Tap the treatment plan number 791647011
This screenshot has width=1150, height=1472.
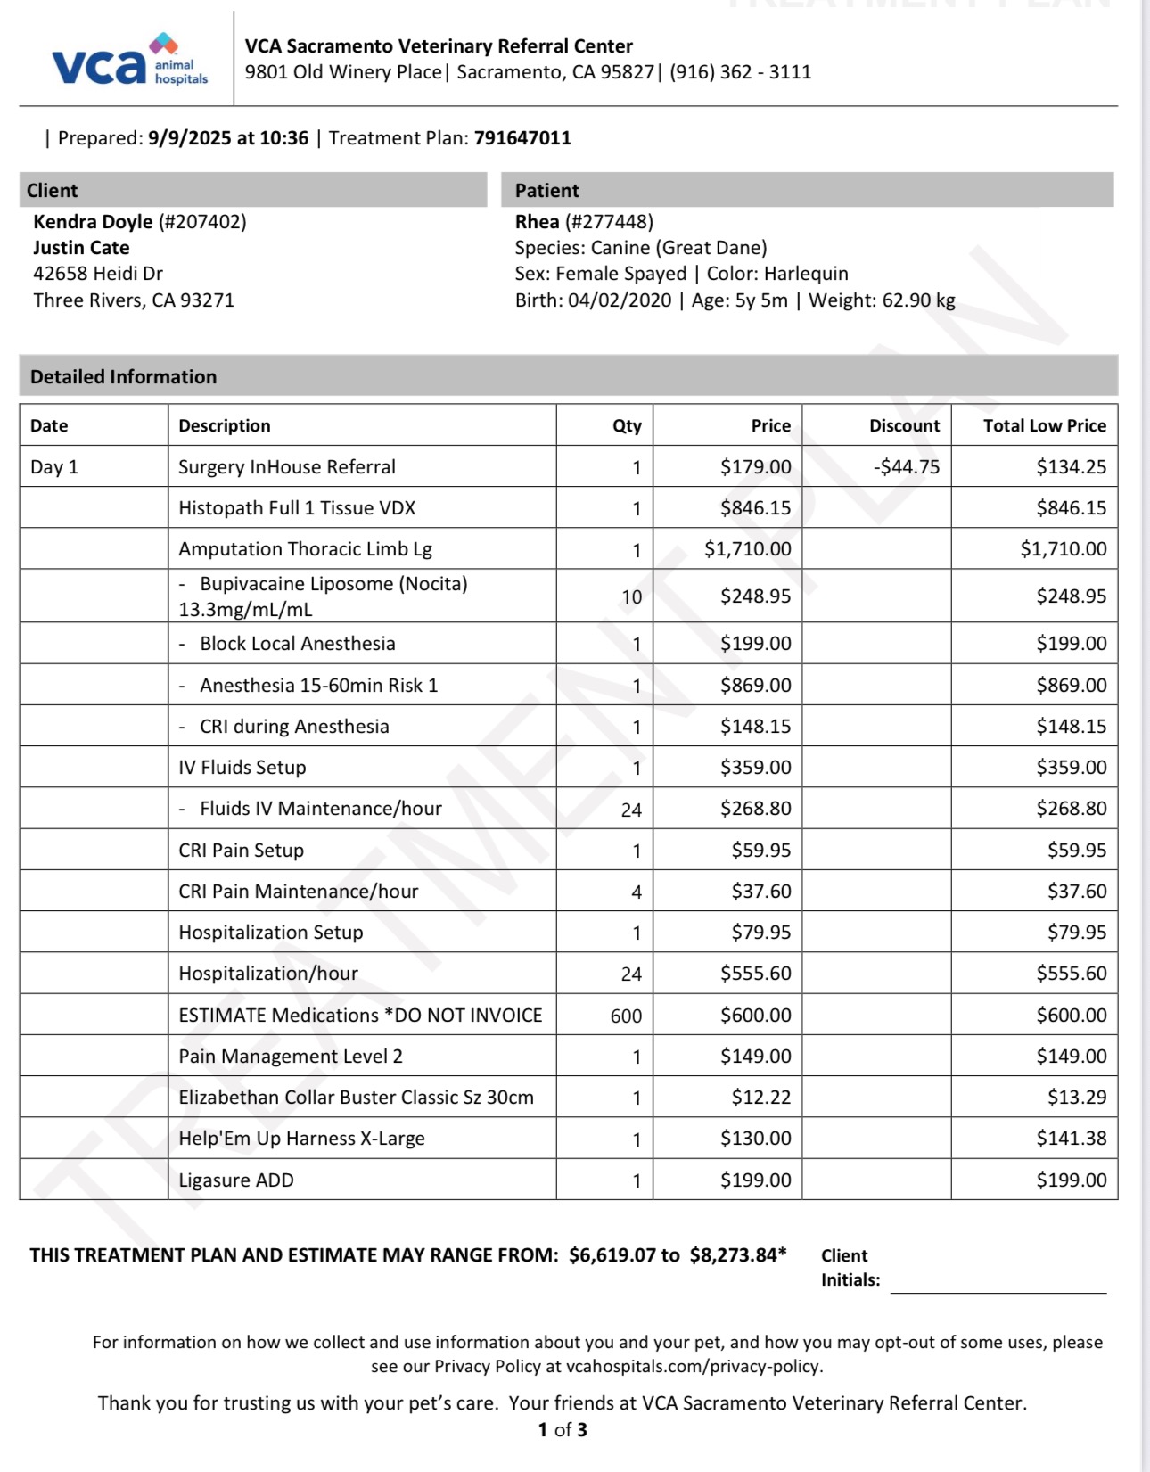[x=522, y=138]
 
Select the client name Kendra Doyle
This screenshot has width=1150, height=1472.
[x=93, y=222]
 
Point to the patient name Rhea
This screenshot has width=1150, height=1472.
[x=537, y=222]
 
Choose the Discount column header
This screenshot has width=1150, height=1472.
[x=904, y=426]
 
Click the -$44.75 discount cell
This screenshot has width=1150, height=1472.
[x=907, y=467]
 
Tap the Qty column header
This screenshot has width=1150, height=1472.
[x=627, y=426]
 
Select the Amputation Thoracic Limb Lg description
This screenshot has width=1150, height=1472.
[x=305, y=549]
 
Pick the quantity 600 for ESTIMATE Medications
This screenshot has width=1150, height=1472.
[x=626, y=1016]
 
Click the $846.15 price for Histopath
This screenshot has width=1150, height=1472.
[x=755, y=508]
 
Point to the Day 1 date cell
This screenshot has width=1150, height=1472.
[x=54, y=467]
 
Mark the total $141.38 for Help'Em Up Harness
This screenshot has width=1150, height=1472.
[x=1071, y=1139]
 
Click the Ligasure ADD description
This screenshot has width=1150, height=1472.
[x=236, y=1180]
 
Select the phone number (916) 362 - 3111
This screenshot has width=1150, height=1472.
[x=741, y=72]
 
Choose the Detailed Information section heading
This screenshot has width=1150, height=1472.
[x=123, y=377]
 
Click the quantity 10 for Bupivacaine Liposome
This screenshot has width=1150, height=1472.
[x=631, y=597]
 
